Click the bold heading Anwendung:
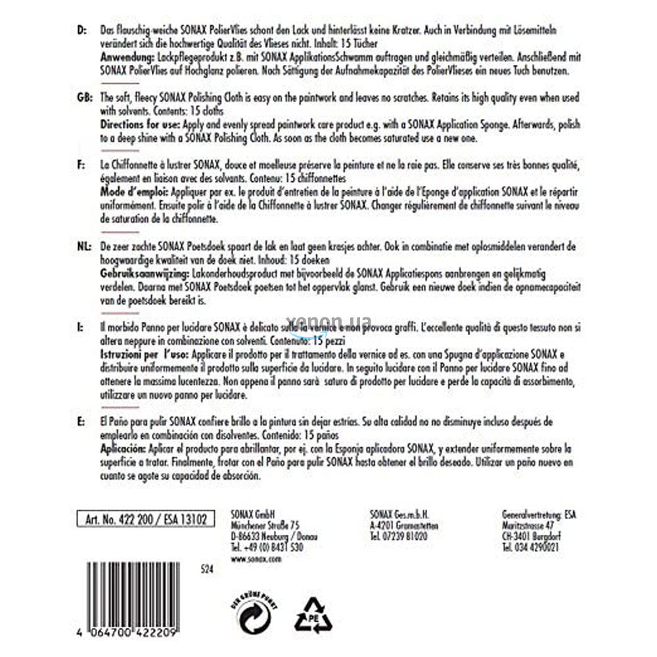coord(126,58)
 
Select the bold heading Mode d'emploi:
coord(134,191)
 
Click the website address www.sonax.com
coord(256,558)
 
